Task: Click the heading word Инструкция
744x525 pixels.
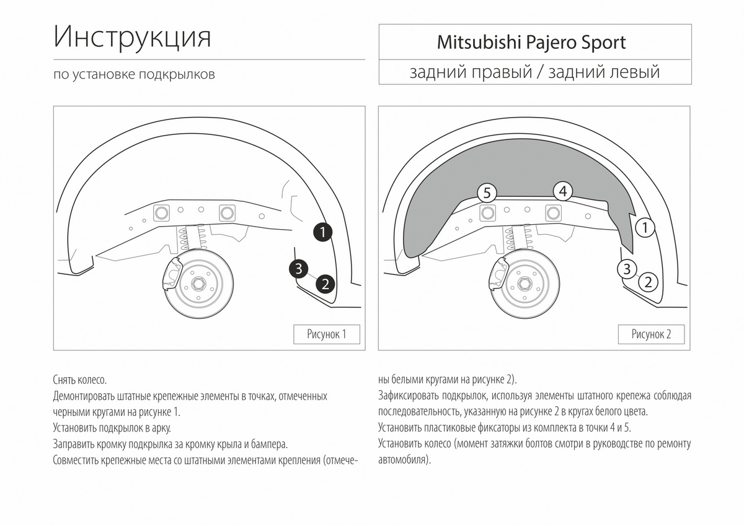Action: [132, 37]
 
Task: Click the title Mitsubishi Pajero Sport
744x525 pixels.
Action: [531, 43]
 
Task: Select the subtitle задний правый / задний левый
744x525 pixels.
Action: [534, 72]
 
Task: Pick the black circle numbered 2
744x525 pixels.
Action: [325, 284]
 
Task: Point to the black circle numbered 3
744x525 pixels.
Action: [299, 269]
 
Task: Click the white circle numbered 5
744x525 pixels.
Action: [487, 193]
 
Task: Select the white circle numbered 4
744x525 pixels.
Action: [563, 191]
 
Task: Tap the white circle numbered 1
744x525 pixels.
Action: [645, 228]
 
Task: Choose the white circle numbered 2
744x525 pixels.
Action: [648, 282]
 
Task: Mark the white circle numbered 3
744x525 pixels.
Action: [627, 269]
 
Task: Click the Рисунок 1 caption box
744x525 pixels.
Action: [327, 334]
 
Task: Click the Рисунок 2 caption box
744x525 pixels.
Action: [651, 334]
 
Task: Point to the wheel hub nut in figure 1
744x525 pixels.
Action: [198, 284]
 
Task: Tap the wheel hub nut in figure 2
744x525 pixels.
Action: [525, 284]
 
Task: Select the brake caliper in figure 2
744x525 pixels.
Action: [499, 274]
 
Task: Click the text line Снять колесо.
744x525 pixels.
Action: [80, 380]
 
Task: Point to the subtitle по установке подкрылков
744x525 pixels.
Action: [134, 74]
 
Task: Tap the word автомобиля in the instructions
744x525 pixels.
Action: [404, 460]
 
